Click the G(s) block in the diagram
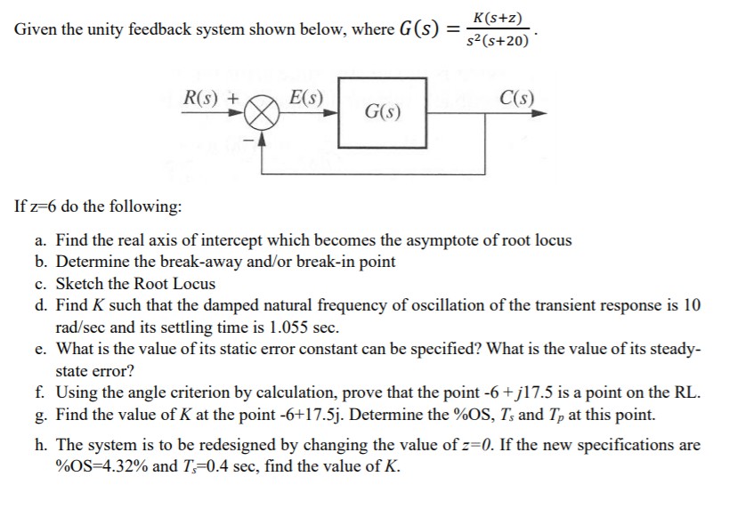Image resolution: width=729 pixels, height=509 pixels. tap(382, 113)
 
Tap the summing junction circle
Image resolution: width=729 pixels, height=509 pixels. tap(264, 113)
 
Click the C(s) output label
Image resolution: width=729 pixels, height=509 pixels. tap(516, 99)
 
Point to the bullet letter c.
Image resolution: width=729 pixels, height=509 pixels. tap(61, 284)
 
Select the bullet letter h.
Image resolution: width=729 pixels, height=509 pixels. tap(61, 444)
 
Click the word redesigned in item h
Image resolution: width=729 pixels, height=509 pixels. tap(242, 444)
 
